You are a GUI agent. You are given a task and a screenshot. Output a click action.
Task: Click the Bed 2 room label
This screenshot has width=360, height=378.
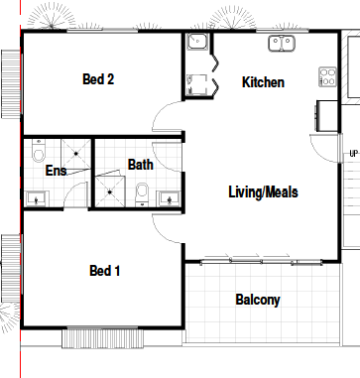click(98, 79)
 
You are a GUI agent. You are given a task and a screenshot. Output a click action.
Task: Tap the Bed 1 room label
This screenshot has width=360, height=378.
click(104, 271)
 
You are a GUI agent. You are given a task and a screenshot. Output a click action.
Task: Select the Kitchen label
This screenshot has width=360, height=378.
click(263, 82)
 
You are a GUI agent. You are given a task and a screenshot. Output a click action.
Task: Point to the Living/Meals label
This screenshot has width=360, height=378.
click(263, 192)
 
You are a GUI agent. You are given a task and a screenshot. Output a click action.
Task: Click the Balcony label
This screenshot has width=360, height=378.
click(258, 300)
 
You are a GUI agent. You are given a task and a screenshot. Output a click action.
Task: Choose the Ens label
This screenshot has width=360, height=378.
click(56, 171)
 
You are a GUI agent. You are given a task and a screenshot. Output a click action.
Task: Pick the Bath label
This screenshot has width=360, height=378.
click(141, 165)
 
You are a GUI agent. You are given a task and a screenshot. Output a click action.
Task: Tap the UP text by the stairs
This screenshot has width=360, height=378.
click(353, 154)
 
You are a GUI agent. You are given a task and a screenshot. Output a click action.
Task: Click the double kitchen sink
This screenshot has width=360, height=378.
click(282, 44)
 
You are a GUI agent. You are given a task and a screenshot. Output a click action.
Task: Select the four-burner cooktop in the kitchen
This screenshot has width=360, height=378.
click(327, 76)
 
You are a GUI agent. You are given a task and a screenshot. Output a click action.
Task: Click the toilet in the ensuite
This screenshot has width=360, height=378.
click(39, 151)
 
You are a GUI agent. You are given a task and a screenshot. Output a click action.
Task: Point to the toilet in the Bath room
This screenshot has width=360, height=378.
click(142, 194)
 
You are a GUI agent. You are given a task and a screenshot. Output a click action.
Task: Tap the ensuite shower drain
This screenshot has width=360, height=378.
click(76, 154)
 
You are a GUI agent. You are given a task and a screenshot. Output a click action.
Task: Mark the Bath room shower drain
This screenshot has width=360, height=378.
click(110, 191)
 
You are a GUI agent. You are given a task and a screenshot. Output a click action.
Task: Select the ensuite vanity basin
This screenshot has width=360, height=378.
click(37, 199)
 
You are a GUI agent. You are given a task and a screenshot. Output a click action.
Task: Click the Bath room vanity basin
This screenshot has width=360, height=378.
click(170, 199)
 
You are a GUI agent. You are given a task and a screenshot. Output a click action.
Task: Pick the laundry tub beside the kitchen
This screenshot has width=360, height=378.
click(197, 42)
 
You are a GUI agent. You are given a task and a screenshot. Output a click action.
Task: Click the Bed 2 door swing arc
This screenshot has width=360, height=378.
click(157, 112)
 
